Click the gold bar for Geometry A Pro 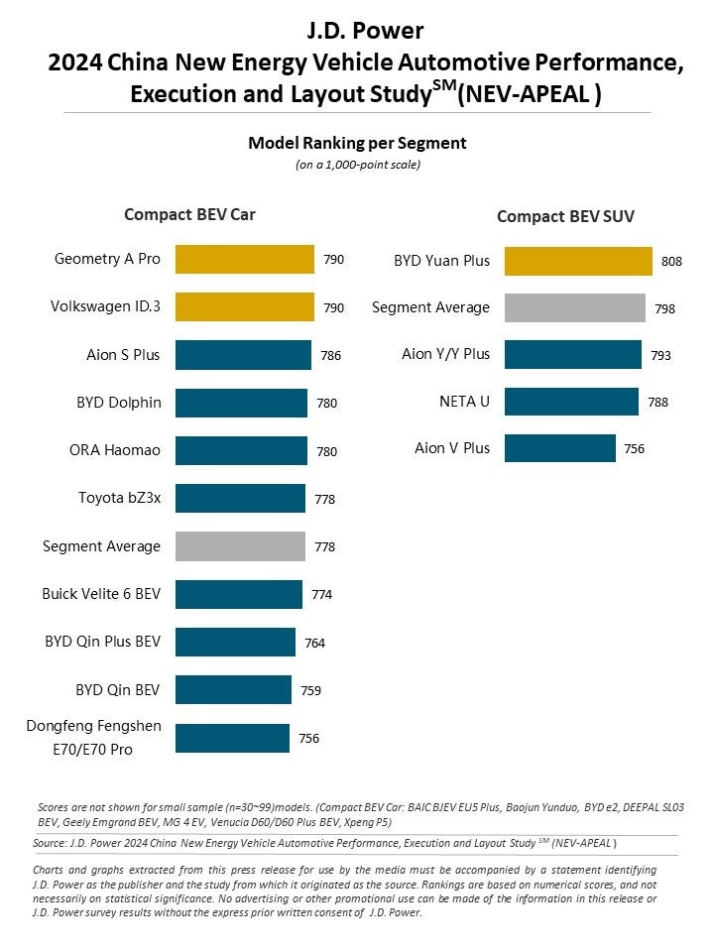(244, 259)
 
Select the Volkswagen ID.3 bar (244, 307)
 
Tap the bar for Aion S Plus (242, 354)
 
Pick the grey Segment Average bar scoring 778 (240, 546)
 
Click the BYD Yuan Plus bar (578, 261)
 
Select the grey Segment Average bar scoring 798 (574, 307)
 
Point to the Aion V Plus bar (559, 448)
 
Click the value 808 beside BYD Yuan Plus (671, 262)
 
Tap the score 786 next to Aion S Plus (330, 355)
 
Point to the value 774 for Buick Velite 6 (321, 595)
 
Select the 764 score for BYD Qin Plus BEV (314, 643)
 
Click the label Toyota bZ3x (119, 498)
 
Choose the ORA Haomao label (116, 450)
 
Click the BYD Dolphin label (118, 403)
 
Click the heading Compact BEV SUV (565, 215)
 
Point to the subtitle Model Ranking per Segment (357, 143)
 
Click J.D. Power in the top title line (357, 30)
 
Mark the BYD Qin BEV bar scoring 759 (233, 689)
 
